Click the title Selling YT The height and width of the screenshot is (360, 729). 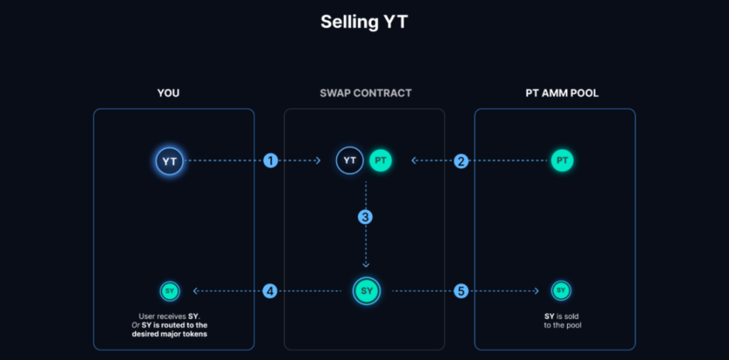point(364,22)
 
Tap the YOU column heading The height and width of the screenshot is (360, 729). point(168,94)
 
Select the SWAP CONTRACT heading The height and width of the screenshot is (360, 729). point(365,94)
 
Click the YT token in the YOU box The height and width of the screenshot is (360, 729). point(169,160)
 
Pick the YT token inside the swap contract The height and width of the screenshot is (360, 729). point(349,160)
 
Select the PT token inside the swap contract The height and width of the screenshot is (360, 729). point(380,160)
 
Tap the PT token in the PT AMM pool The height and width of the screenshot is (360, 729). point(562,160)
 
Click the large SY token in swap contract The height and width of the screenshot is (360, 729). point(366,291)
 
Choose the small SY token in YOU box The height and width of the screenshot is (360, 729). point(169,291)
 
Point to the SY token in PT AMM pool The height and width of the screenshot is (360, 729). point(560,291)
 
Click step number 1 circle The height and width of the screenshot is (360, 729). point(271,160)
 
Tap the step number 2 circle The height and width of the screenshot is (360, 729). point(461,160)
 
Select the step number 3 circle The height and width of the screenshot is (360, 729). point(365,217)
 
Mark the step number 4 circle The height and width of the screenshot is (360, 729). point(270,291)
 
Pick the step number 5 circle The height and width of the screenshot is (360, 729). point(461,291)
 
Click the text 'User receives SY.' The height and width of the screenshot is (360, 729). point(169,316)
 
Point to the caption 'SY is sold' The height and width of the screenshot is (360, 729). point(561,316)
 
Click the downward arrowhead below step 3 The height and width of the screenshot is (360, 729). point(366,264)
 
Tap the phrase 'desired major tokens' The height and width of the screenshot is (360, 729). point(169,334)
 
